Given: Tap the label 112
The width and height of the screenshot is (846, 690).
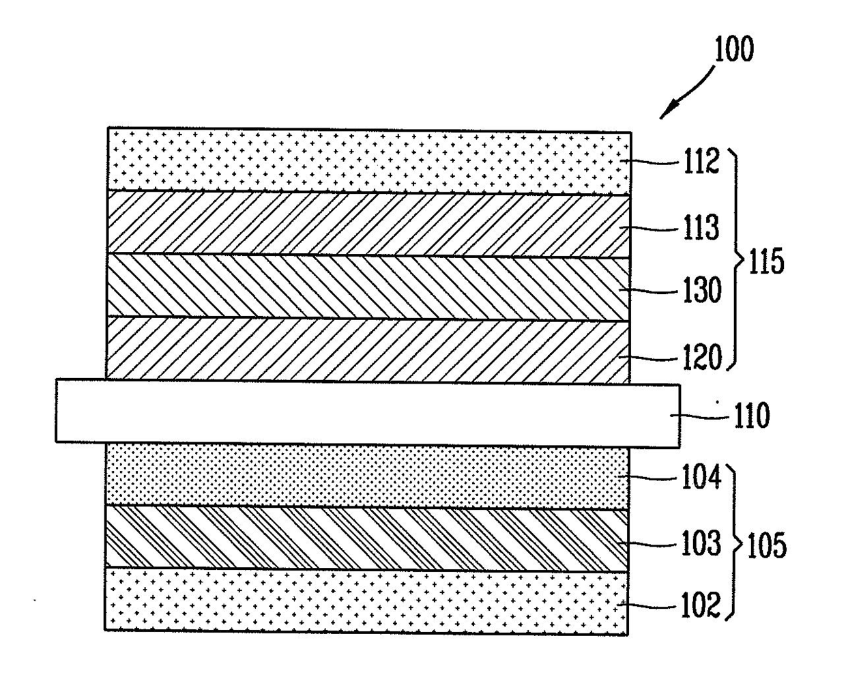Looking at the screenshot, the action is [x=701, y=161].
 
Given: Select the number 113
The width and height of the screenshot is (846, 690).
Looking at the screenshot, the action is [x=701, y=227].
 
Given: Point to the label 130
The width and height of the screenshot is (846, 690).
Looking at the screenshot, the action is [x=701, y=289].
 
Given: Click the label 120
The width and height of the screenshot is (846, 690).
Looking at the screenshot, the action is [x=701, y=357].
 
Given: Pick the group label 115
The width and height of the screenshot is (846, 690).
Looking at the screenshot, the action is [x=766, y=261].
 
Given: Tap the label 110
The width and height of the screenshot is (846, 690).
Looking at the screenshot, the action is [x=751, y=415].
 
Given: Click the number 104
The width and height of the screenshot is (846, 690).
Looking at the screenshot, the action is [x=701, y=476].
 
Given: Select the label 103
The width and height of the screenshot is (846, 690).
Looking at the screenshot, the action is [x=701, y=543].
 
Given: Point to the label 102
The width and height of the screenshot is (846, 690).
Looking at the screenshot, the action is [x=701, y=605].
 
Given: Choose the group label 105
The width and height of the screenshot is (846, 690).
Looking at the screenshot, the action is [x=767, y=545].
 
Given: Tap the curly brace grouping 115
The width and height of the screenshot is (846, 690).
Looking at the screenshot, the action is [x=738, y=259].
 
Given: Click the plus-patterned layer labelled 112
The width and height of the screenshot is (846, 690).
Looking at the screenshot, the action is [x=368, y=161].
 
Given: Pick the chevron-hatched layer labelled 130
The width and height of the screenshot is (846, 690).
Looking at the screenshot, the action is [x=368, y=287].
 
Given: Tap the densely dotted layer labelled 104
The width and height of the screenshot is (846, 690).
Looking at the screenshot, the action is [x=366, y=476].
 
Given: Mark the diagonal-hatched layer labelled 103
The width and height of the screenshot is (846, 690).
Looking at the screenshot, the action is [x=366, y=538].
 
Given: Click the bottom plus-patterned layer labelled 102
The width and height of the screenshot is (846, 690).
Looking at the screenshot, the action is [x=366, y=601].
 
